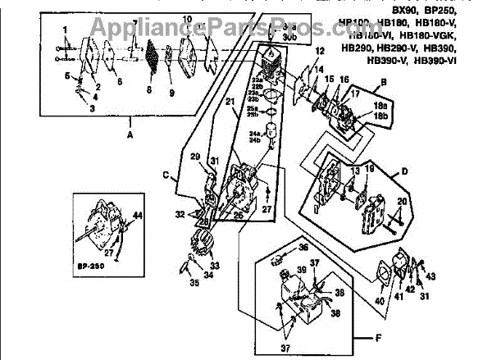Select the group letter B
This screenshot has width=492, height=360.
click(x=384, y=83)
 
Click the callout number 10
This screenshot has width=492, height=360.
click(x=186, y=18)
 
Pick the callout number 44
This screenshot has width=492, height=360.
click(x=138, y=216)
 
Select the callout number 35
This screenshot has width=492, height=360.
click(x=194, y=283)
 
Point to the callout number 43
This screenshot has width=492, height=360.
click(x=431, y=276)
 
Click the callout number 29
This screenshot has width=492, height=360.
click(x=195, y=157)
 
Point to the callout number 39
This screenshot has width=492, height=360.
click(x=301, y=271)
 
